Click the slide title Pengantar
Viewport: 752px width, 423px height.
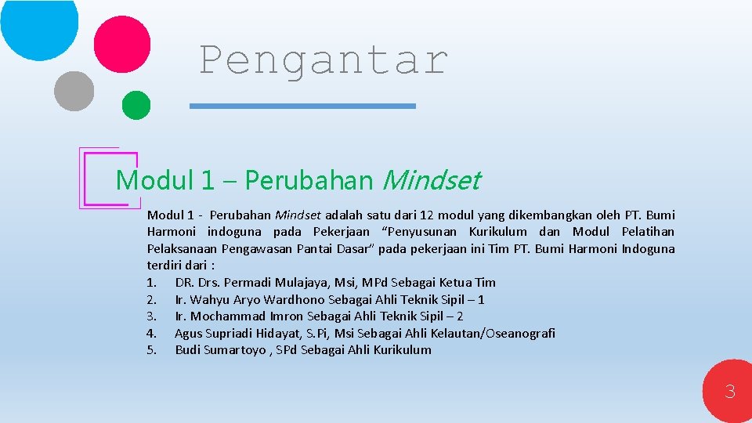point(323,60)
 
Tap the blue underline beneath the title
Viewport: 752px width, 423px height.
point(304,106)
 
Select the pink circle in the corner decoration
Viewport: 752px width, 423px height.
point(121,45)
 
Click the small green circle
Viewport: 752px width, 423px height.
point(136,105)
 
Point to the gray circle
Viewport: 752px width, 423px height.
point(74,90)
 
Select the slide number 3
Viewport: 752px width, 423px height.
point(729,391)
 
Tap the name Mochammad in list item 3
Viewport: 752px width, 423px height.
point(228,316)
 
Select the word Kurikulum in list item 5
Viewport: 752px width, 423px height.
point(403,350)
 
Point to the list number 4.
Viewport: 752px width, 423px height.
point(152,333)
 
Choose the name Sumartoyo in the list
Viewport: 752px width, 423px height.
point(235,350)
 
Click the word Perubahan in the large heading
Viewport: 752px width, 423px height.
point(309,181)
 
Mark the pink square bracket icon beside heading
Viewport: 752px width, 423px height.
point(102,179)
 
